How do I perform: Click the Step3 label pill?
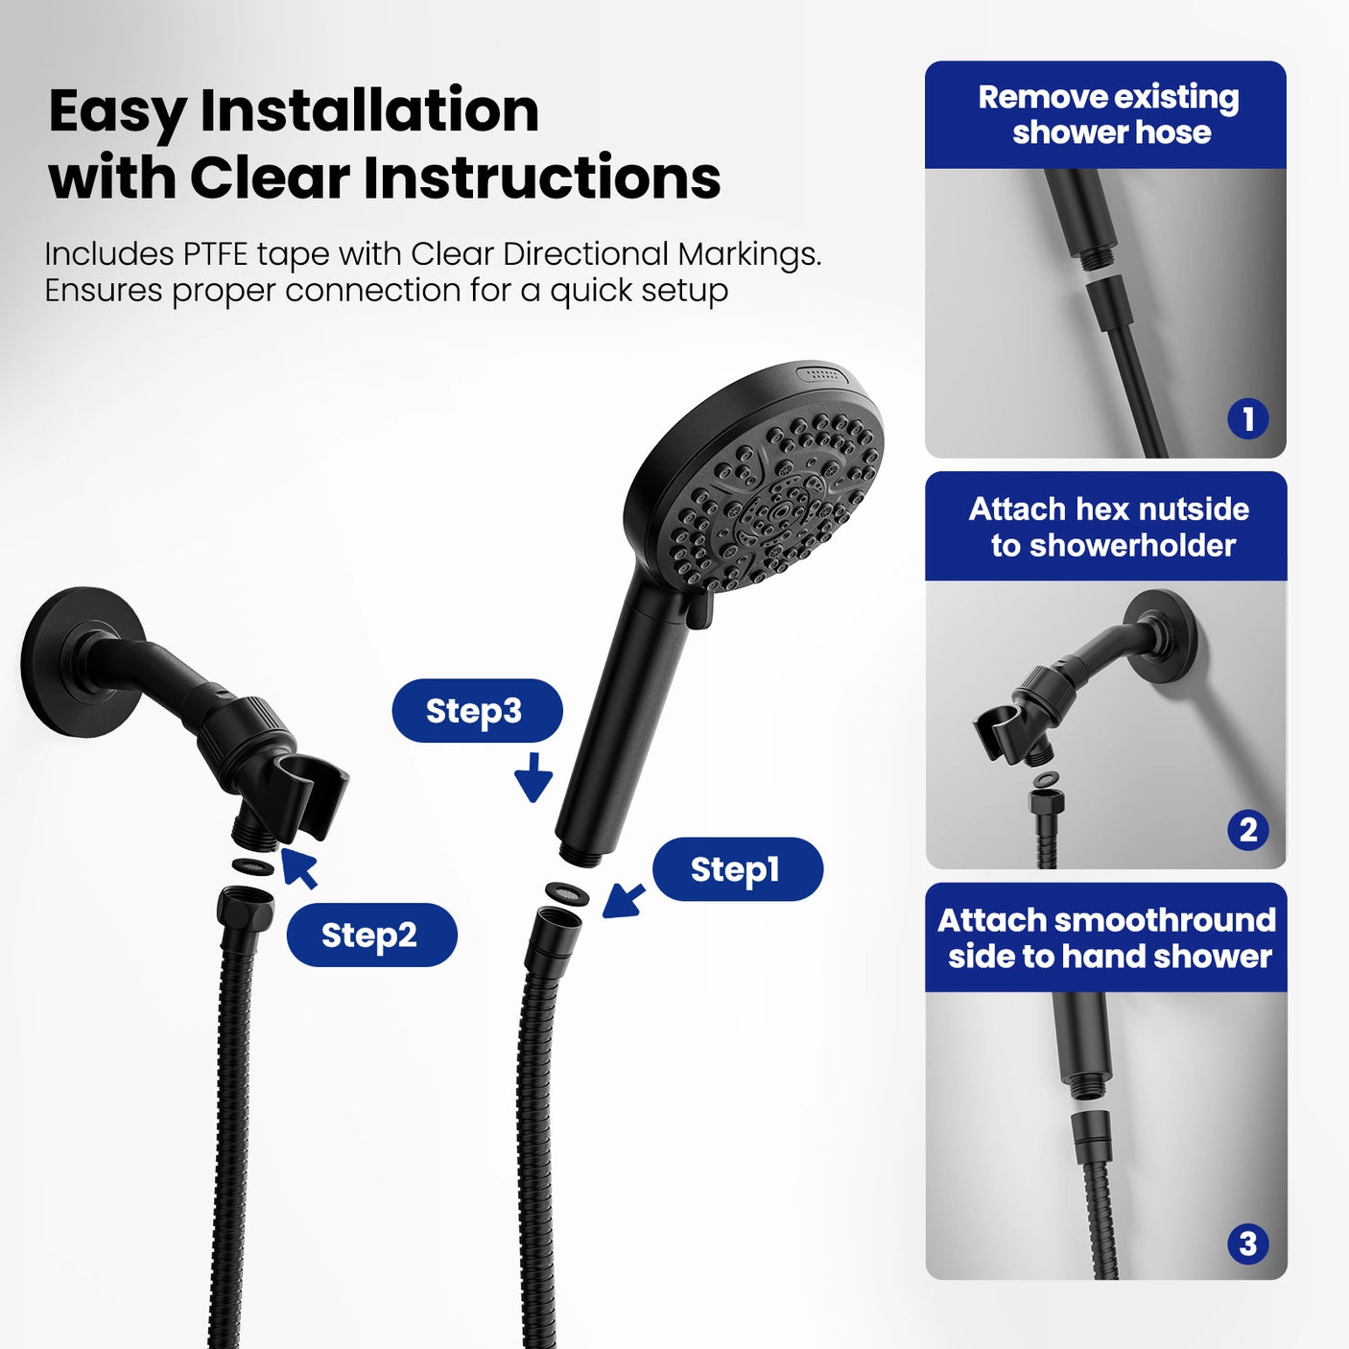477,711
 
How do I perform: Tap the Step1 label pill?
737,869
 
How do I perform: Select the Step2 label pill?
371,935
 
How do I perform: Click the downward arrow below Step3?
533,777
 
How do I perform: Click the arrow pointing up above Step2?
300,866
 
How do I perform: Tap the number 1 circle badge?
1247,418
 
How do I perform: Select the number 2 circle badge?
1247,830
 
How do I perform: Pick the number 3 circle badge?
1247,1244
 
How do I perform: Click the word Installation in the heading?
369,110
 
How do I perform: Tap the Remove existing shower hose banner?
1105,115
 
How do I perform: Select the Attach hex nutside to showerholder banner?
1105,527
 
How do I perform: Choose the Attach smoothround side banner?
1105,937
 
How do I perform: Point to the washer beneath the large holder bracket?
253,867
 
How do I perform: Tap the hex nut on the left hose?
246,907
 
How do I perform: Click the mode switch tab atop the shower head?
823,374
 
